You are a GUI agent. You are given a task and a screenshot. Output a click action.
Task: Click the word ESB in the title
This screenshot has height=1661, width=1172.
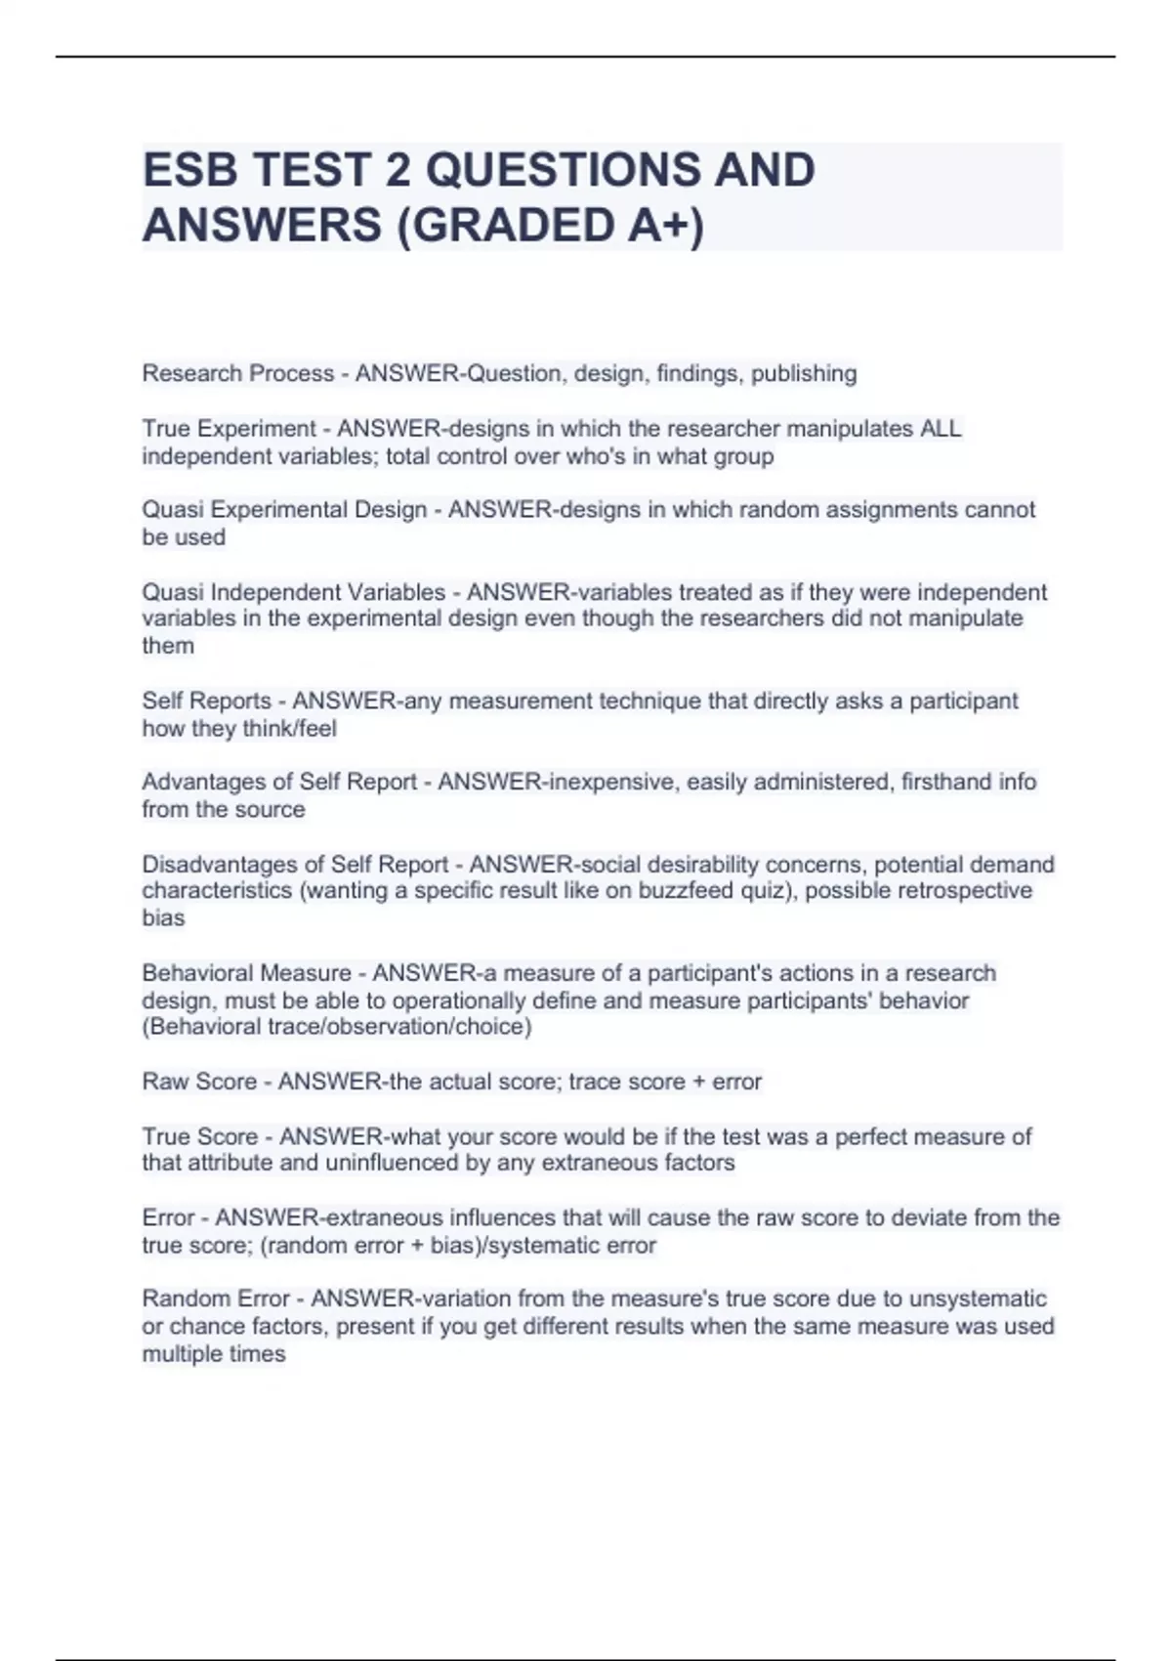point(190,170)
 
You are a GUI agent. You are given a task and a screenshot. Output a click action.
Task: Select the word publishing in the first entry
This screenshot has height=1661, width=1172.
point(804,373)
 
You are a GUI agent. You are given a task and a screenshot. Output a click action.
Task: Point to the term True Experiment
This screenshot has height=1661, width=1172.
point(230,429)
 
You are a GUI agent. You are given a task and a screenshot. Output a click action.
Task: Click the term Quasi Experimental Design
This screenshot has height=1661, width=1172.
point(284,510)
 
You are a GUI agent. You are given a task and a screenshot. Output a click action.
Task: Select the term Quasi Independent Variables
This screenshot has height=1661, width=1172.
point(293,592)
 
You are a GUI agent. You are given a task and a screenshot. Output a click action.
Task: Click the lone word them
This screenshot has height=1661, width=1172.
point(168,646)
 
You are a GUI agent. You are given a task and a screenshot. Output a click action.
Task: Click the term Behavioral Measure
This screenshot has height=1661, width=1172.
point(246,973)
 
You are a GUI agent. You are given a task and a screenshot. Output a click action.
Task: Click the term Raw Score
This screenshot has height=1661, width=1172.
point(197,1082)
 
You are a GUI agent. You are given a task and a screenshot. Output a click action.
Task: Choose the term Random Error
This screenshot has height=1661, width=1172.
point(216,1299)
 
